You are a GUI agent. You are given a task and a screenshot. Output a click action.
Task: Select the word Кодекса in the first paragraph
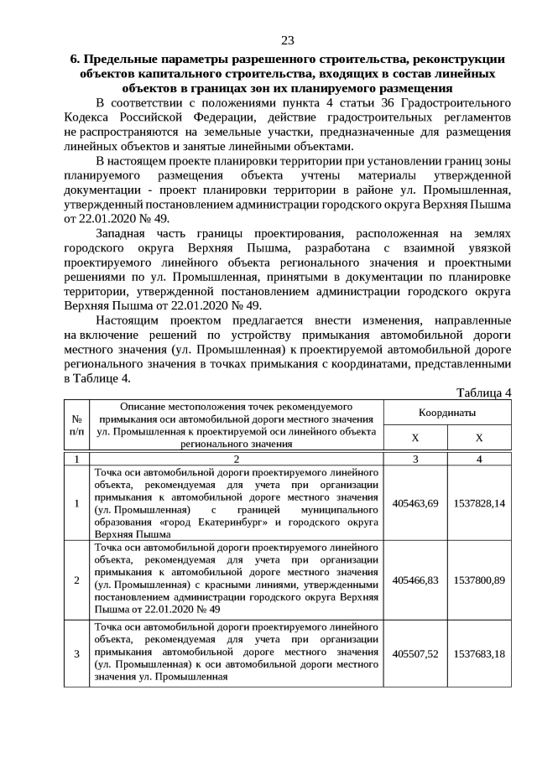[x=86, y=117]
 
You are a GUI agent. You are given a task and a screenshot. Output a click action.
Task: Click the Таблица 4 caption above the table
[x=483, y=393]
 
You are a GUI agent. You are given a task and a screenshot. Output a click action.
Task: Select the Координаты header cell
[x=447, y=413]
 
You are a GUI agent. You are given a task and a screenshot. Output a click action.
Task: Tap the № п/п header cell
[x=77, y=425]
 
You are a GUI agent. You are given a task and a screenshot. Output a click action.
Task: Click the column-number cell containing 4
[x=479, y=459]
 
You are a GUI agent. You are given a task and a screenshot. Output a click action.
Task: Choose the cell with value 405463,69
[x=415, y=503]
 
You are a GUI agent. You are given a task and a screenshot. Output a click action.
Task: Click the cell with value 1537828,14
[x=479, y=503]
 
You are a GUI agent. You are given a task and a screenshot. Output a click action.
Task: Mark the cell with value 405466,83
[x=415, y=580]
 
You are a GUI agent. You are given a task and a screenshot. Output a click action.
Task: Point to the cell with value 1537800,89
[x=479, y=580]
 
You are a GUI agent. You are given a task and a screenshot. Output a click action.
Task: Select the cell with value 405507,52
[x=415, y=653]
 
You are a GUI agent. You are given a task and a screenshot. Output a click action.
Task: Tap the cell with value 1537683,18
[x=479, y=653]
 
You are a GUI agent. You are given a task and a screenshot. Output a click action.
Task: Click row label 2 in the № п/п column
[x=77, y=580]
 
